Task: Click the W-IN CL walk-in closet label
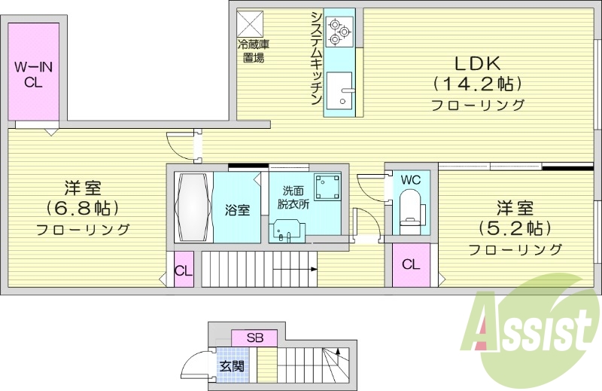click(x=33, y=75)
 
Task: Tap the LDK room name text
click(x=477, y=63)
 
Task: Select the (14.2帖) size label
click(x=477, y=83)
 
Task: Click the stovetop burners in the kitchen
click(x=339, y=27)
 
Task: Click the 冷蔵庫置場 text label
click(x=253, y=50)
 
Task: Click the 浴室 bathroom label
click(x=238, y=209)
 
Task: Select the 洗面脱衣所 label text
click(x=296, y=197)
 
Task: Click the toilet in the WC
click(x=411, y=210)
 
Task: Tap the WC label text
click(x=411, y=180)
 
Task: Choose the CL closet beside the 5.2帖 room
click(x=411, y=264)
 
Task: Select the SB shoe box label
click(x=254, y=338)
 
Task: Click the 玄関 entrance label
click(x=231, y=366)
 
